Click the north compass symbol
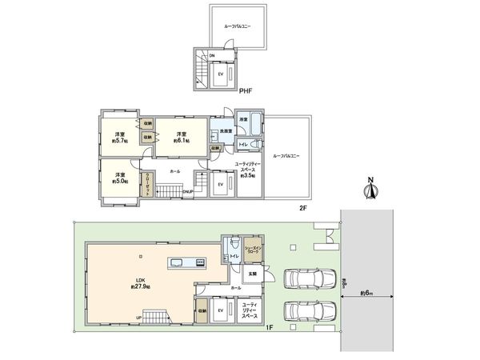[370, 190]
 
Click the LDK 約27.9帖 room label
[134, 282]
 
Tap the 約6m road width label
[367, 294]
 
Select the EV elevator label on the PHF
[220, 73]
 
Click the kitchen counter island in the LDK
[186, 262]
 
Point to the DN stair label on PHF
[212, 55]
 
